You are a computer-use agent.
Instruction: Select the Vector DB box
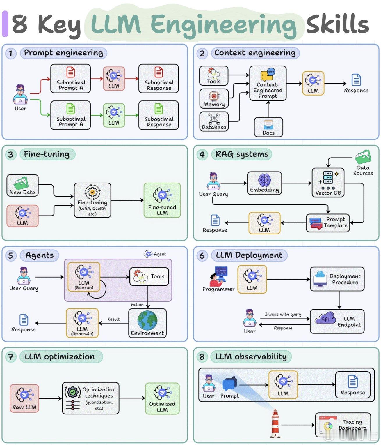pyautogui.click(x=328, y=183)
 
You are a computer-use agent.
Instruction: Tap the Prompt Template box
pyautogui.click(x=328, y=223)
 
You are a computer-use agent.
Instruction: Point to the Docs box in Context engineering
pyautogui.click(x=268, y=127)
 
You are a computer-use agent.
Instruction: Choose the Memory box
pyautogui.click(x=214, y=98)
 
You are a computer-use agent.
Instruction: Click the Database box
pyautogui.click(x=214, y=121)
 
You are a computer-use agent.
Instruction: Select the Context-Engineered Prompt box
pyautogui.click(x=268, y=83)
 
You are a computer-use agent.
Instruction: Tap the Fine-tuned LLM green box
pyautogui.click(x=162, y=200)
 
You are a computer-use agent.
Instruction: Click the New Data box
pyautogui.click(x=22, y=186)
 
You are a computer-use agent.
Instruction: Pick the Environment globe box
pyautogui.click(x=147, y=323)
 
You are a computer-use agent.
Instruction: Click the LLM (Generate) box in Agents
pyautogui.click(x=82, y=323)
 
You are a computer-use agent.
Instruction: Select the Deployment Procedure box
pyautogui.click(x=337, y=279)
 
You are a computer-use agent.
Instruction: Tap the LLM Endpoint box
pyautogui.click(x=337, y=321)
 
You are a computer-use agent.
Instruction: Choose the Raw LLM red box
pyautogui.click(x=24, y=398)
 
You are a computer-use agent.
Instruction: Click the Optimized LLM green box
pyautogui.click(x=162, y=398)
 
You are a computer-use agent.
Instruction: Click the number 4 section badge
pyautogui.click(x=202, y=154)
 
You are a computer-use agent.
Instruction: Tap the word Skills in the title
pyautogui.click(x=337, y=24)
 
